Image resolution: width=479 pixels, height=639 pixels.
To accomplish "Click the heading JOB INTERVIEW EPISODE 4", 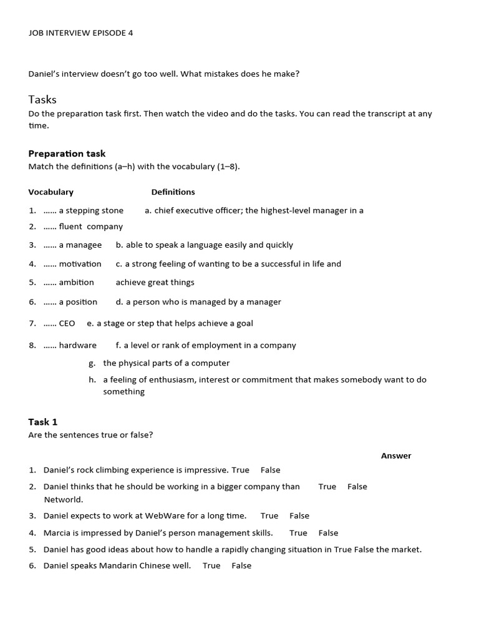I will coord(80,33).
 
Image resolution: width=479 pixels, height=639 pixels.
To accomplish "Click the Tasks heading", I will coord(42,99).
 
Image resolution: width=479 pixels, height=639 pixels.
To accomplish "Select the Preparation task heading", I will coord(67,154).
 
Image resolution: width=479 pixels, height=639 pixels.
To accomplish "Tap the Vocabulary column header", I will coord(51,192).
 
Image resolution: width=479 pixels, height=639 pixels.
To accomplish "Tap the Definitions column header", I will coord(173,192).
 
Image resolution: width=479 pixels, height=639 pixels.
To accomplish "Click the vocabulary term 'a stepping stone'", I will coord(91,211).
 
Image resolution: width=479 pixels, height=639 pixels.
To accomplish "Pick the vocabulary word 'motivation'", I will coord(80,264).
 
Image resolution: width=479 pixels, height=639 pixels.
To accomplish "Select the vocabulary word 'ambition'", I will coord(76,283).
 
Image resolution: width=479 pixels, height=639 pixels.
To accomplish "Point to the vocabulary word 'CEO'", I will coord(67,323).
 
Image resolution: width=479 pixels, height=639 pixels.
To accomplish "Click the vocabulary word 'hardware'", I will coord(77,345).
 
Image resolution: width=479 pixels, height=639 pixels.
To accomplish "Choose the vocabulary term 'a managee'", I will coord(80,245).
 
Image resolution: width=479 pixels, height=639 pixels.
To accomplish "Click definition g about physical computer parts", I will coord(166,363).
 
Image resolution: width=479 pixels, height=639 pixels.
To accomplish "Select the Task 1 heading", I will coord(43,422).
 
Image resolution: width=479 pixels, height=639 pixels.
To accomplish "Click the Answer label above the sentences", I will coord(396,456).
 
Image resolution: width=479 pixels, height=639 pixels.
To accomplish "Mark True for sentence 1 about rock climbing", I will coord(240,471).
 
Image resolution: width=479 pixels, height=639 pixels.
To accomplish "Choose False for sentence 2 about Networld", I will coord(357,487).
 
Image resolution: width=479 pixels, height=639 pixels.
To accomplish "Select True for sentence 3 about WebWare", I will coord(269,516).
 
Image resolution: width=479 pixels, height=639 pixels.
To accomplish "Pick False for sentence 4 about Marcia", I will coord(328,533).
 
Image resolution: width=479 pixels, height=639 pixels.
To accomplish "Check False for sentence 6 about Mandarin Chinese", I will coord(241,566).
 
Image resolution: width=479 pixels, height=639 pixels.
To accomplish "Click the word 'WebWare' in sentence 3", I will coord(166,516).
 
